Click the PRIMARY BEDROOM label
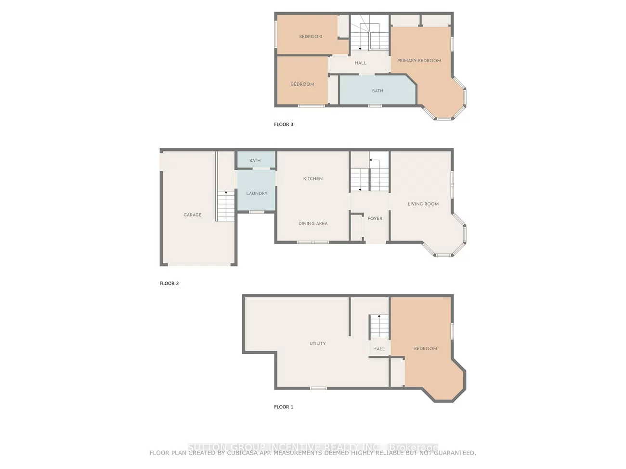point(419,61)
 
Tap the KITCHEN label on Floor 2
point(313,178)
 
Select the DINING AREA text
point(313,224)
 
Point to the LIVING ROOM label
point(423,204)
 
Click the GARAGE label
point(193,215)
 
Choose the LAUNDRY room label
point(257,193)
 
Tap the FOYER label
point(375,218)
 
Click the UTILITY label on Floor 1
point(317,343)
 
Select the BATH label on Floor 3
point(378,91)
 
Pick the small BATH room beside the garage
point(255,161)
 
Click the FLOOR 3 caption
point(284,125)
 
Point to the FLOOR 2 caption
point(169,284)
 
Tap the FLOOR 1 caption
point(284,407)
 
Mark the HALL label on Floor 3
point(361,63)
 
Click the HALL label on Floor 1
point(379,349)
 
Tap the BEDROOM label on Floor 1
point(426,349)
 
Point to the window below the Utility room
point(318,388)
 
